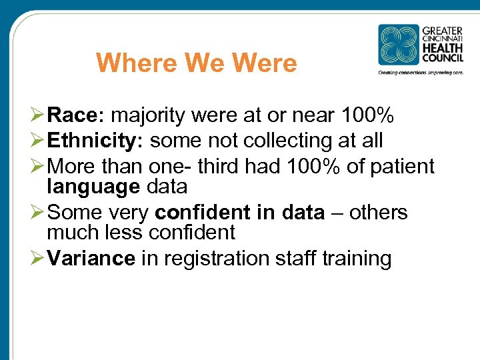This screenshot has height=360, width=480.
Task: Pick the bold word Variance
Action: click(92, 258)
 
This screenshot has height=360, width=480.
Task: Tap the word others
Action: click(378, 212)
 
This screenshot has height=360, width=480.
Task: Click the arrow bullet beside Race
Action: click(37, 117)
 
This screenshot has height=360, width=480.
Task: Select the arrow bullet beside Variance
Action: click(37, 258)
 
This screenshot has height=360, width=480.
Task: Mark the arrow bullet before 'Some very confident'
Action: click(37, 212)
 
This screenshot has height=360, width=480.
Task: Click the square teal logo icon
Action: click(399, 45)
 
